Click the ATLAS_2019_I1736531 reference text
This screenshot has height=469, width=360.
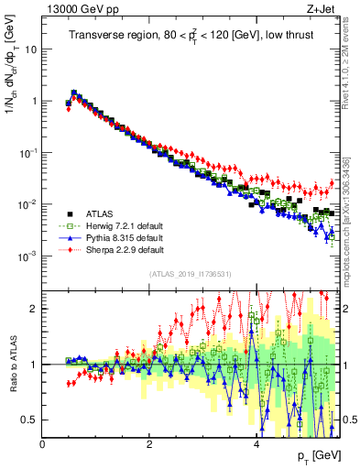pos(190,274)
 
